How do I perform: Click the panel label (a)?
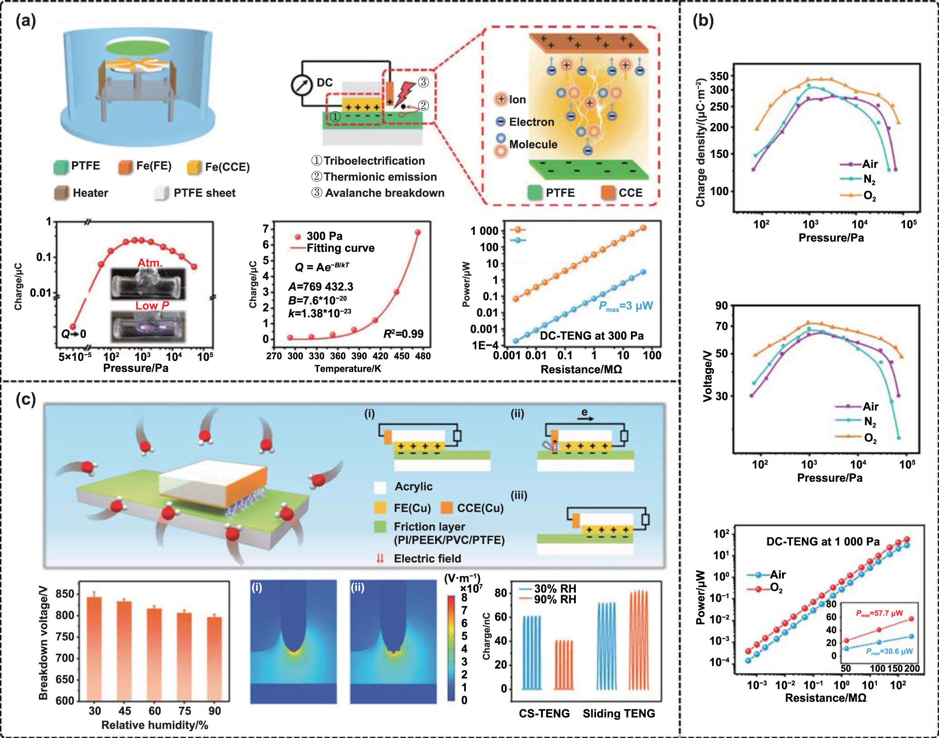(25, 21)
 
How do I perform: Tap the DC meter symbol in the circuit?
(302, 85)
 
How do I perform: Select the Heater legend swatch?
(61, 193)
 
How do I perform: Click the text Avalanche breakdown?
(385, 193)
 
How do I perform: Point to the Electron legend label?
(531, 122)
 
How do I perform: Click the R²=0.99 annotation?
(403, 334)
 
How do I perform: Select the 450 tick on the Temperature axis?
(402, 356)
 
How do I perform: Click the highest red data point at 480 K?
(418, 232)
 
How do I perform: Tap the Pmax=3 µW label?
(626, 306)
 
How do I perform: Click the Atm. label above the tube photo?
(150, 263)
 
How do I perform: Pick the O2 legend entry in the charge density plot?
(869, 195)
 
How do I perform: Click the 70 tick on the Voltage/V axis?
(722, 326)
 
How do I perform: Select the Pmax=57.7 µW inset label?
(879, 613)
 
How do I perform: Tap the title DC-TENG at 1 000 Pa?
(823, 542)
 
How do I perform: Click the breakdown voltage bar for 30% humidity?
(94, 649)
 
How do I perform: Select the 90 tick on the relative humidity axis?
(215, 711)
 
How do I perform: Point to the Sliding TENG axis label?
(618, 713)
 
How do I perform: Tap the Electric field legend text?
(427, 559)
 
